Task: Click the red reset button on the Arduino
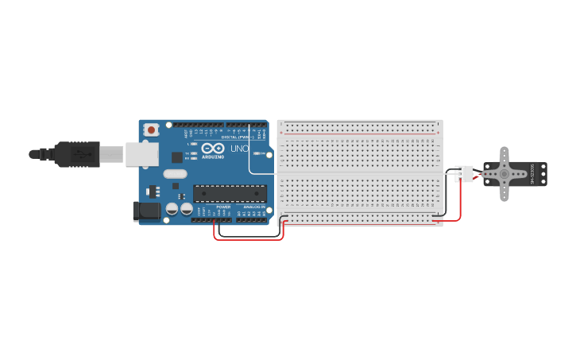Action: click(150, 129)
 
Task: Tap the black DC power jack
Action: click(143, 211)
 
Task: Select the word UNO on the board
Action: click(239, 149)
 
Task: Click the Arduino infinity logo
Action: click(213, 148)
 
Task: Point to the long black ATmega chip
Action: click(230, 193)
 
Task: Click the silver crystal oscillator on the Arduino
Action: click(176, 173)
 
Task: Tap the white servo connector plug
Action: click(464, 174)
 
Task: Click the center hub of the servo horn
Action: click(504, 174)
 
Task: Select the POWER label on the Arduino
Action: click(223, 207)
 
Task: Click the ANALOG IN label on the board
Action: click(252, 207)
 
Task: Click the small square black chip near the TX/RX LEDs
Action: click(176, 157)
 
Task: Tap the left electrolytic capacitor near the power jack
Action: click(172, 209)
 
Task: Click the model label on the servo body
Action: click(533, 174)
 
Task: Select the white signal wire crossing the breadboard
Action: click(358, 173)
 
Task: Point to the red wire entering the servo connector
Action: click(460, 195)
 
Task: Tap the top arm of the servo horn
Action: click(504, 155)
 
